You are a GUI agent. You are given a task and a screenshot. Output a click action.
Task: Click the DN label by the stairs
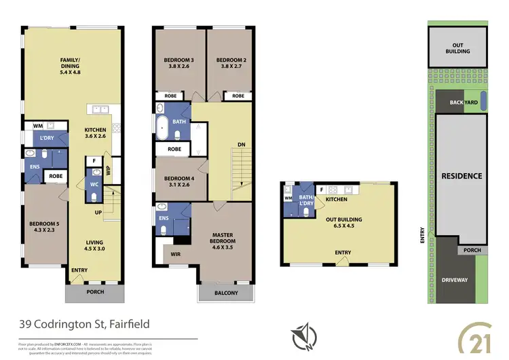click(x=242, y=144)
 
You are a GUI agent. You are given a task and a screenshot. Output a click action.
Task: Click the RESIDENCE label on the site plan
click(x=461, y=176)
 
